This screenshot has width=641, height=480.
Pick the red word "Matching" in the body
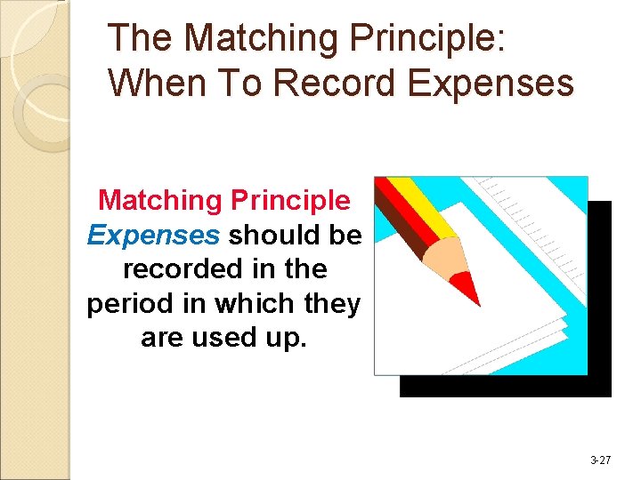pyautogui.click(x=159, y=201)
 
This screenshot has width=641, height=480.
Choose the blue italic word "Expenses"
pyautogui.click(x=152, y=235)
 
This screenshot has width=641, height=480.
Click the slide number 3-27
pyautogui.click(x=600, y=460)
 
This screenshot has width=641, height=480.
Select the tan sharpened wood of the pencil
pyautogui.click(x=442, y=257)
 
